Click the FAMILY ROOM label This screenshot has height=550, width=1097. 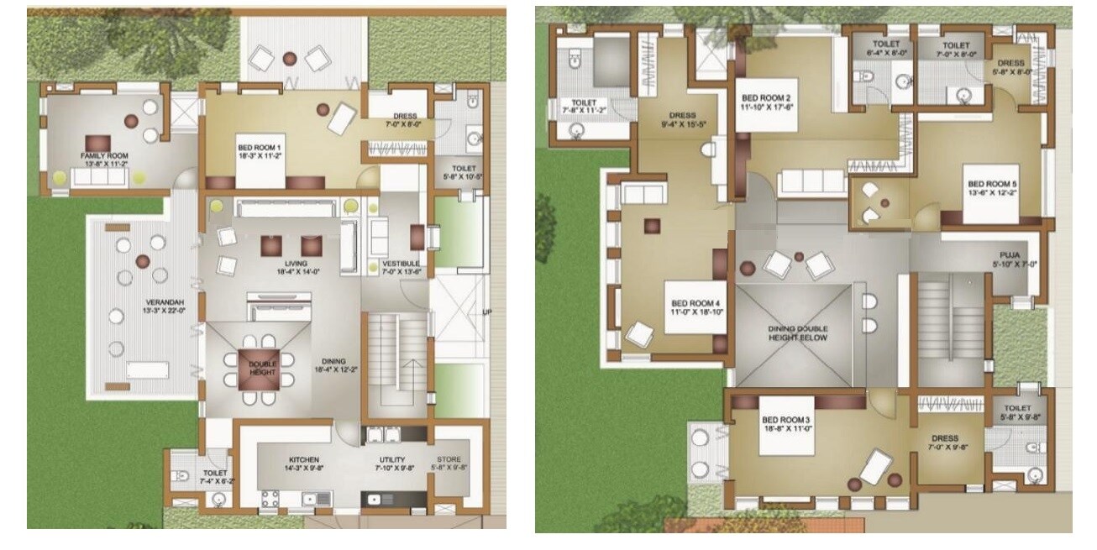click(x=104, y=156)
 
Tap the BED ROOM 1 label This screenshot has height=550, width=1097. click(x=260, y=149)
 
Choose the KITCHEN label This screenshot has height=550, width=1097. click(x=303, y=460)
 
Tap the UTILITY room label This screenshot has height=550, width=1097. click(x=391, y=460)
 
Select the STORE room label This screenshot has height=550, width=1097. click(x=449, y=460)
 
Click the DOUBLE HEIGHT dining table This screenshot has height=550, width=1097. click(x=262, y=368)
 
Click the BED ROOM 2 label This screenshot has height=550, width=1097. click(x=764, y=98)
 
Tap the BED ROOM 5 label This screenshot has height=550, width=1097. click(x=992, y=185)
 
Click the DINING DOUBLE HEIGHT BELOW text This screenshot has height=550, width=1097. click(x=797, y=333)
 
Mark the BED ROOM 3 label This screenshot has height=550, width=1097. click(x=785, y=420)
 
